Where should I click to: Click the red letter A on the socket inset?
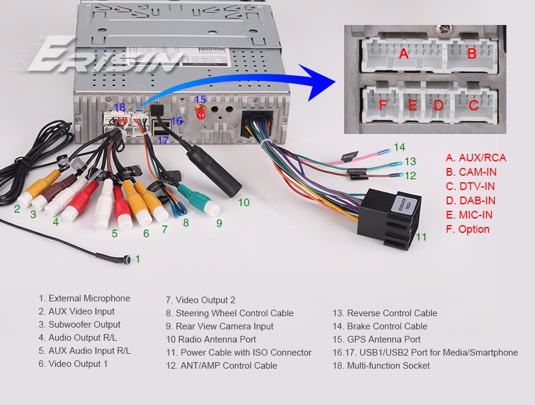tap(404, 54)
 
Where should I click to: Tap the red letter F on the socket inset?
tap(383, 105)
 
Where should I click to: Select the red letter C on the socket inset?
tap(473, 105)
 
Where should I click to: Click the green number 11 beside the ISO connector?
tap(421, 236)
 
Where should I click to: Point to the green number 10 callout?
tap(244, 202)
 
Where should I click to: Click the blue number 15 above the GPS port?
tap(200, 99)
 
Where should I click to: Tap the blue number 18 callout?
tap(119, 107)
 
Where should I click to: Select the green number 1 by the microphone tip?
tap(138, 259)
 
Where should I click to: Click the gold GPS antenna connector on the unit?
tap(200, 113)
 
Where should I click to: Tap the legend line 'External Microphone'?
tap(84, 298)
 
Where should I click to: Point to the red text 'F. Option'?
tap(467, 229)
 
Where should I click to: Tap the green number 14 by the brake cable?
tap(399, 147)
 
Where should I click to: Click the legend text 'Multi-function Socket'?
tap(381, 366)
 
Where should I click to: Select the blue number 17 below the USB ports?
tap(163, 141)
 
